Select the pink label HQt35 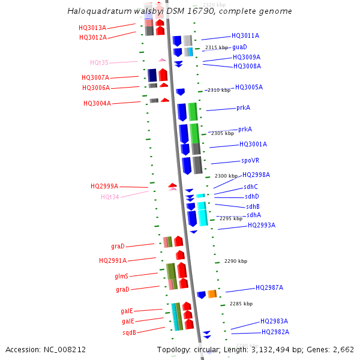pyautogui.click(x=100, y=62)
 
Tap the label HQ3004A pyautogui.click(x=97, y=103)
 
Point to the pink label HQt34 pyautogui.click(x=110, y=197)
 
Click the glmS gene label pyautogui.click(x=121, y=276)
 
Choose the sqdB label pyautogui.click(x=129, y=332)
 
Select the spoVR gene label pyautogui.click(x=250, y=160)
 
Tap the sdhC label pyautogui.click(x=251, y=187)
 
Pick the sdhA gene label pyautogui.click(x=254, y=215)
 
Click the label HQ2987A pyautogui.click(x=269, y=287)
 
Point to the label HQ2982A pyautogui.click(x=275, y=332)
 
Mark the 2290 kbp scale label pyautogui.click(x=235, y=261)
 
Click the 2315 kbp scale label pyautogui.click(x=217, y=47)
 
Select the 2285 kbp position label pyautogui.click(x=241, y=304)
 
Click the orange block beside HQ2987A pyautogui.click(x=212, y=294)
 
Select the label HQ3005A pyautogui.click(x=248, y=87)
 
